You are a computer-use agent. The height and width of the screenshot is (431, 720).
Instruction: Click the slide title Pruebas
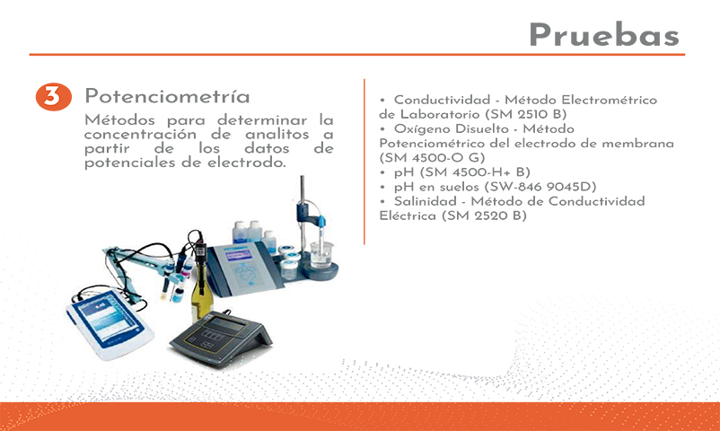tap(604, 35)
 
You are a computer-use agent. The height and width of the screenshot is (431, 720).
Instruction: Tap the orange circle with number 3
tap(54, 96)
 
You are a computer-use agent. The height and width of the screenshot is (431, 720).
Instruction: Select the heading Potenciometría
tap(167, 96)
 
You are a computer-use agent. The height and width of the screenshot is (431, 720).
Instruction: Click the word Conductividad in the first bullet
tap(442, 100)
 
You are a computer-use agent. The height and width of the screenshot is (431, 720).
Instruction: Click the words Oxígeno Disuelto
tap(452, 128)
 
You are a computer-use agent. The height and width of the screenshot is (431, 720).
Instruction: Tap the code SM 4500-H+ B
tap(475, 172)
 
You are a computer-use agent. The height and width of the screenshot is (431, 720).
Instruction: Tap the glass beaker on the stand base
tap(321, 254)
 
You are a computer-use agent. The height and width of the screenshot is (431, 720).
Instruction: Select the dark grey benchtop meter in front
tap(222, 338)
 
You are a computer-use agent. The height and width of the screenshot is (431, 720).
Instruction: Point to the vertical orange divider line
tap(364, 162)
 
